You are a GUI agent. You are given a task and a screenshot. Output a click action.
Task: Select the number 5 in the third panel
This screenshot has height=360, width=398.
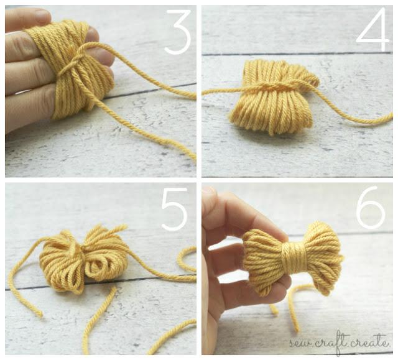coord(175,209)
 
